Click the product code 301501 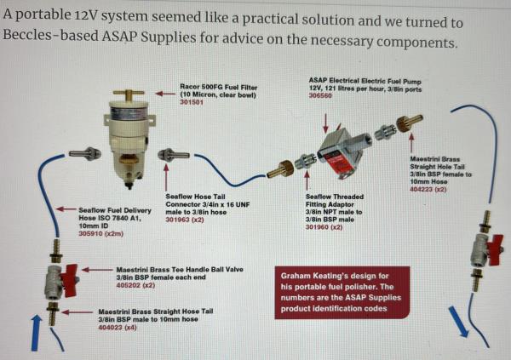tap(192, 103)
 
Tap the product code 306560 tap(320, 95)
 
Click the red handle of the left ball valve tap(71, 280)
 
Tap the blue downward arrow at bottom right tap(458, 322)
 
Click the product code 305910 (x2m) tap(101, 233)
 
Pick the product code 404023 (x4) tap(118, 327)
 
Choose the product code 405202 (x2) tap(135, 285)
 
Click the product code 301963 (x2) tap(185, 220)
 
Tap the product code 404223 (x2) tap(428, 189)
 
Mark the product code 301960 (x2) tap(324, 227)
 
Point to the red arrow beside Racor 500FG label tap(165, 94)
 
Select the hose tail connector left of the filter tap(85, 152)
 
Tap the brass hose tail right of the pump tap(410, 123)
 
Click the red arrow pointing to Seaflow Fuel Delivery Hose tap(66, 209)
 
